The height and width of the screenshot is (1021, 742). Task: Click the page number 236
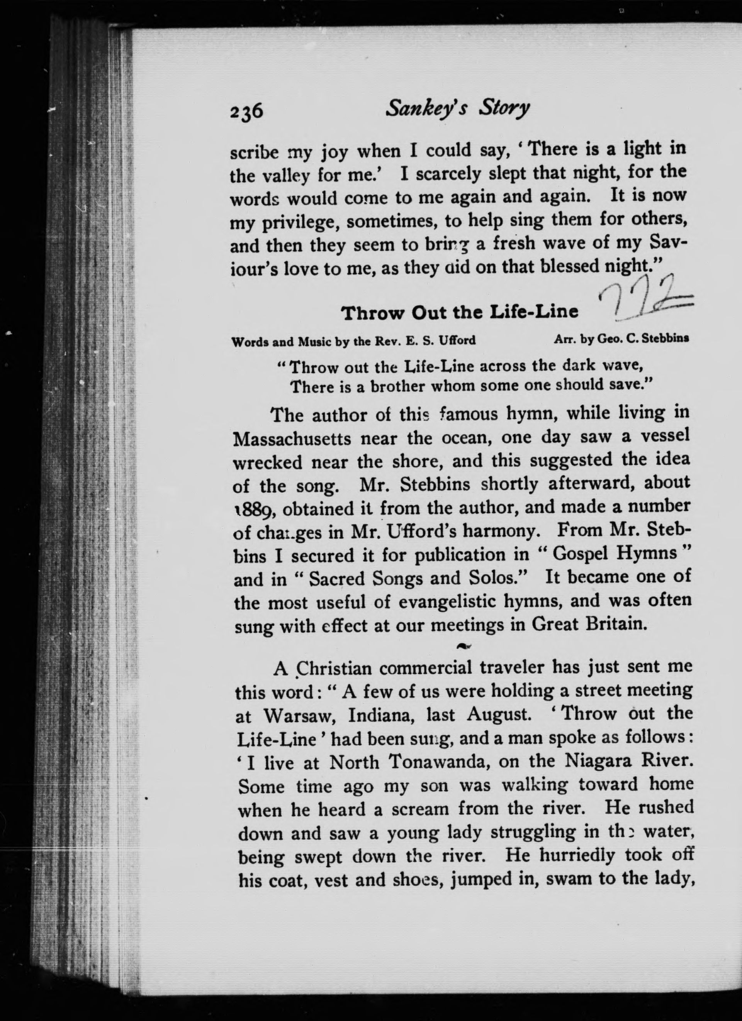pos(246,110)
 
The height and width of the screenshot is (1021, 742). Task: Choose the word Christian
pos(334,669)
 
